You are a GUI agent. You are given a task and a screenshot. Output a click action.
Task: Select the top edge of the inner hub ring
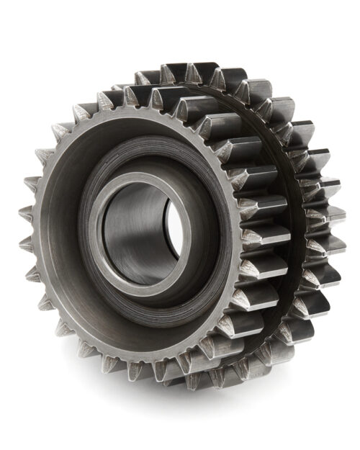coord(140,177)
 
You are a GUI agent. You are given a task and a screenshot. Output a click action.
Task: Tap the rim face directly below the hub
coord(144,346)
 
